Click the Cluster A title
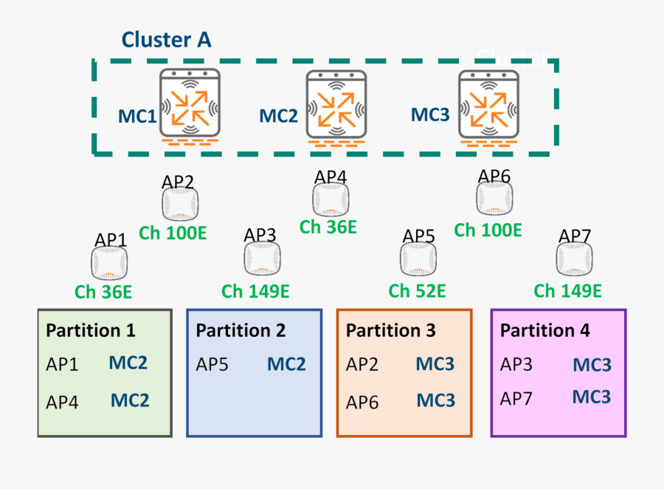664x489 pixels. tap(166, 39)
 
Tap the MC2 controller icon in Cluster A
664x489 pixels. tap(336, 105)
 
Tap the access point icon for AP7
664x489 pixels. tap(574, 259)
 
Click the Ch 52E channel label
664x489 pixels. tap(417, 291)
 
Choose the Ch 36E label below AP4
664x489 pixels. tap(328, 228)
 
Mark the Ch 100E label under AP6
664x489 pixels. tap(488, 230)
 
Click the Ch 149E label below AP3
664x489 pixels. tap(255, 291)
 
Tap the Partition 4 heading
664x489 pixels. tap(544, 330)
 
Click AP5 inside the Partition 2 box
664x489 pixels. tap(212, 364)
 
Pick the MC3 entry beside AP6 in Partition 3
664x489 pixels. tap(435, 400)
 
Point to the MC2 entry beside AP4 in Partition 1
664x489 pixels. tap(130, 400)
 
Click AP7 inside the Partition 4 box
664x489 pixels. tap(516, 399)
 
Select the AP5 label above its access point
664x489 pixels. tap(418, 236)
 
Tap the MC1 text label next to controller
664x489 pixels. tap(137, 116)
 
